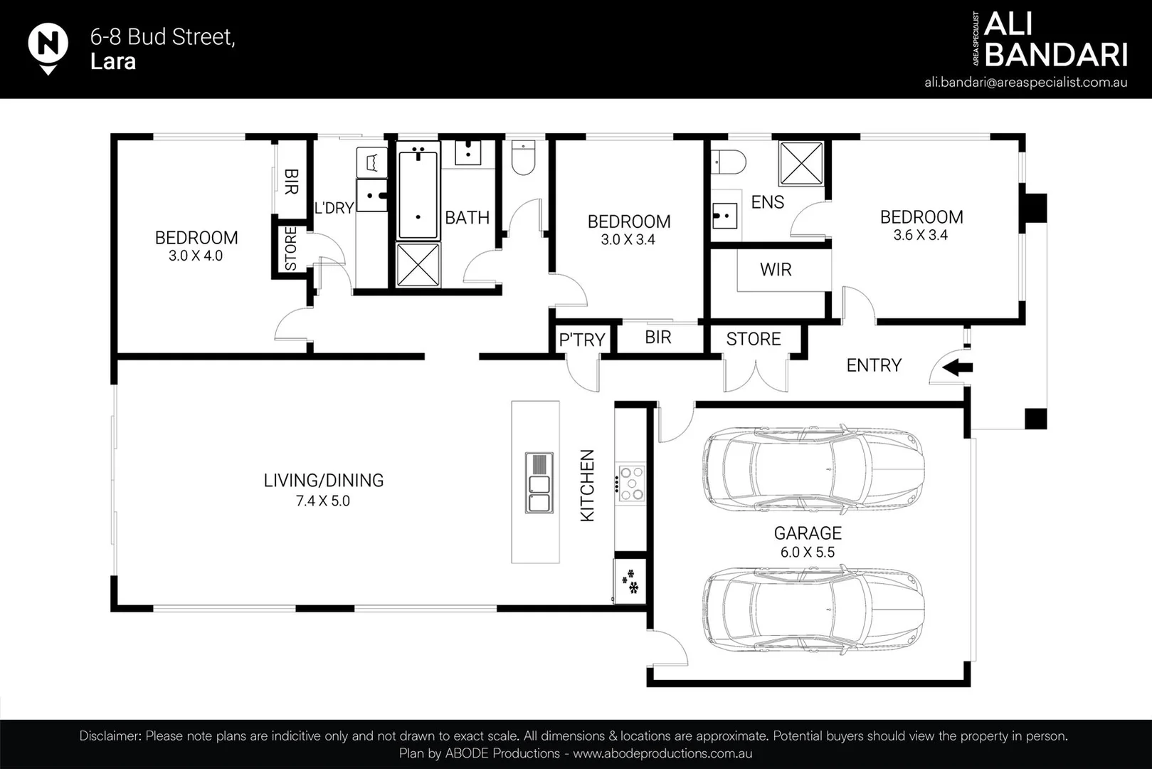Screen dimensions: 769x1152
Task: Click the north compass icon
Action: tap(48, 46)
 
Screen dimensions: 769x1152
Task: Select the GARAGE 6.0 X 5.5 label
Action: tap(808, 542)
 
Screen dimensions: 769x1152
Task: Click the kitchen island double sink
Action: tap(539, 482)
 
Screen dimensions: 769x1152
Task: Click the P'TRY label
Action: tap(581, 340)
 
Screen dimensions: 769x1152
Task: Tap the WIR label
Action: tap(776, 270)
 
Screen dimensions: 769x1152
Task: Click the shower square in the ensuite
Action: tap(801, 164)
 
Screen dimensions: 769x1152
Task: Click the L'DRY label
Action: tap(334, 208)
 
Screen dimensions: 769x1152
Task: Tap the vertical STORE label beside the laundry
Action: tap(290, 249)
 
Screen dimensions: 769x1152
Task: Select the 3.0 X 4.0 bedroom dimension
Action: tap(196, 256)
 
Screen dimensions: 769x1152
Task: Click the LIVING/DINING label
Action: tap(323, 481)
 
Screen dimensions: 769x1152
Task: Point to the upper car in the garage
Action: tap(813, 470)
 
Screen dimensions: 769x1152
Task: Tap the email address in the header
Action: tap(1025, 82)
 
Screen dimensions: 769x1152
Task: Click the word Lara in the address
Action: tap(112, 62)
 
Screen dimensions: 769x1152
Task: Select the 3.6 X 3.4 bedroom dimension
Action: tap(921, 236)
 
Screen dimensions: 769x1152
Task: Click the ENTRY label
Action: tap(873, 365)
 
